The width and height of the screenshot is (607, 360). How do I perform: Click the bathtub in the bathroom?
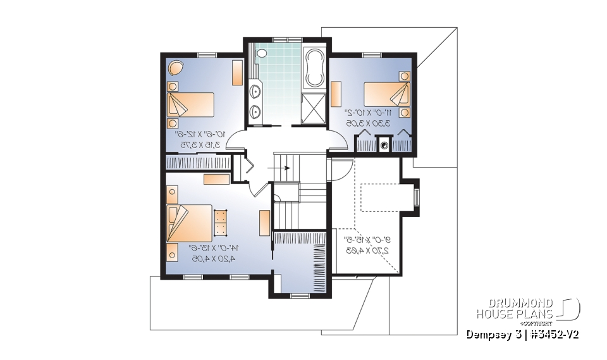click(x=314, y=68)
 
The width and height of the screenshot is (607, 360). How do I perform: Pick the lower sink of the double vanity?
click(x=255, y=112)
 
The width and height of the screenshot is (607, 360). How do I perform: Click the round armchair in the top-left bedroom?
click(x=176, y=67)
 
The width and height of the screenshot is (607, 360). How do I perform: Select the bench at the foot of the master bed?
click(x=221, y=222)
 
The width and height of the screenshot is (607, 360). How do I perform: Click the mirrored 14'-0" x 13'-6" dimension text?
click(x=211, y=253)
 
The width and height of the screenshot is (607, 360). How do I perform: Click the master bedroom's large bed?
click(x=190, y=222)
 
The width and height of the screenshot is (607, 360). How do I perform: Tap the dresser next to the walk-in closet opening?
click(x=264, y=223)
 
